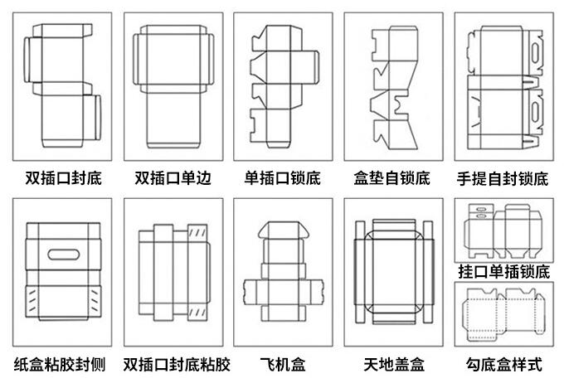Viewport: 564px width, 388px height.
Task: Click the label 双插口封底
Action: [x=63, y=178]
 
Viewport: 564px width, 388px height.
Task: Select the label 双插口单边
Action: [x=173, y=178]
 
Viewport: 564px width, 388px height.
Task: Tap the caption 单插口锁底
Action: [x=282, y=178]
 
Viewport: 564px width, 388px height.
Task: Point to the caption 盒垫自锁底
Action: [x=392, y=178]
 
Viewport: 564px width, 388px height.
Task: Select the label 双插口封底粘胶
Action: [x=176, y=364]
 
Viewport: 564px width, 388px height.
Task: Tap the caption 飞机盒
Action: [x=282, y=364]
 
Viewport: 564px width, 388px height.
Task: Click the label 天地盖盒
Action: [x=394, y=364]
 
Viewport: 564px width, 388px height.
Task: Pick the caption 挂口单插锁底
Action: [x=503, y=271]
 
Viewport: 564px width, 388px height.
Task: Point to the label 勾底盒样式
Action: [x=503, y=364]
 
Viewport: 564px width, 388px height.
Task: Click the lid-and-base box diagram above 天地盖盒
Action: [x=393, y=272]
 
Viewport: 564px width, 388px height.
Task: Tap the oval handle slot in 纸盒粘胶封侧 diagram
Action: [x=62, y=253]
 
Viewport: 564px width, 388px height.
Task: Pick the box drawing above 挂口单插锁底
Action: [x=503, y=230]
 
